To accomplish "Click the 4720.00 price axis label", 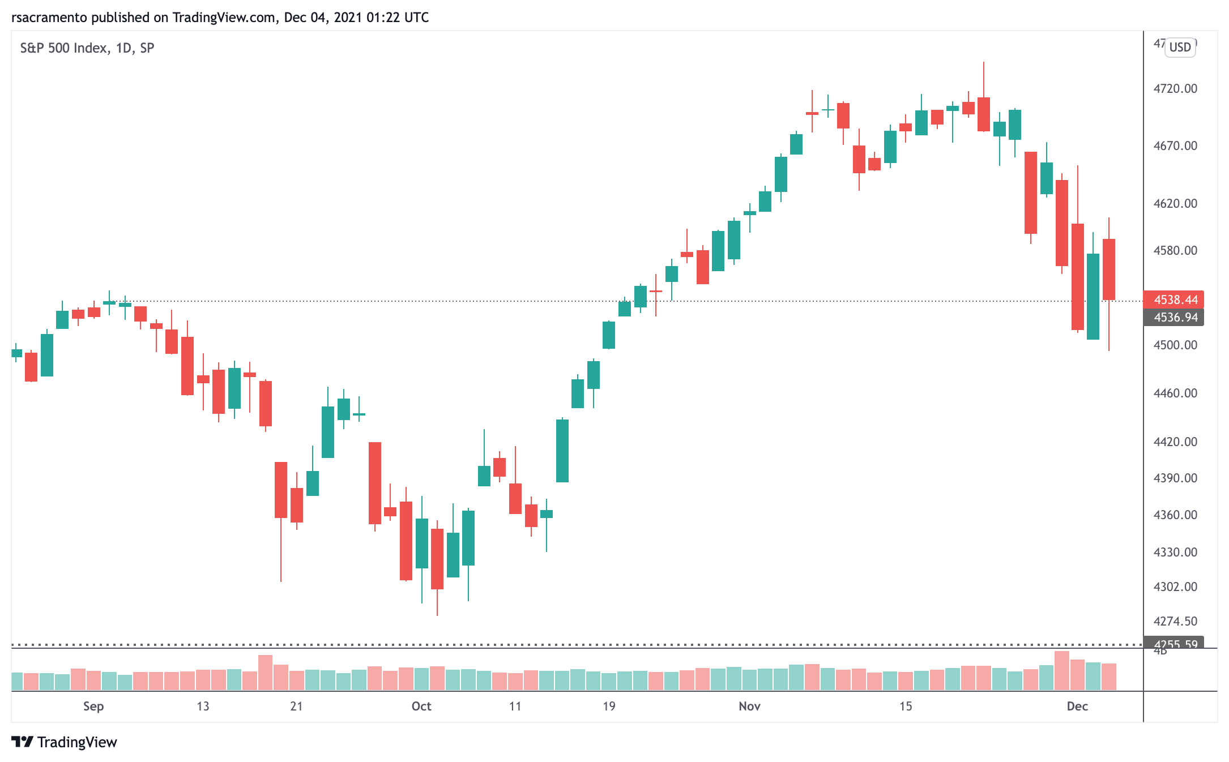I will pos(1175,88).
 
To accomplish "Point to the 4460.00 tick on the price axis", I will pos(1175,393).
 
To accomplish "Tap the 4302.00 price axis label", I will pos(1175,587).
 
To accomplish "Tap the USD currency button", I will pos(1180,48).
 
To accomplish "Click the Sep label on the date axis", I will pos(93,706).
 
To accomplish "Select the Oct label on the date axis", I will pos(421,706).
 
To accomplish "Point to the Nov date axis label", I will pos(749,706).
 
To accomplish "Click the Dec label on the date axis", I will pos(1077,706).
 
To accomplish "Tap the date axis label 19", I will pos(609,706).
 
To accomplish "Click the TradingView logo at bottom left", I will pos(64,742).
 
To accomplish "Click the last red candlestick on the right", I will pos(1108,269).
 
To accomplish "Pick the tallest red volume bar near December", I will pos(1061,671).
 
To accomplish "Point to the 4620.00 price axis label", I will pos(1175,203).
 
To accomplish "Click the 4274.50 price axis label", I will pos(1175,621).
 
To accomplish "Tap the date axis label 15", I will pos(906,706).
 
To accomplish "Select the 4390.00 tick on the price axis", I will pos(1175,478).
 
